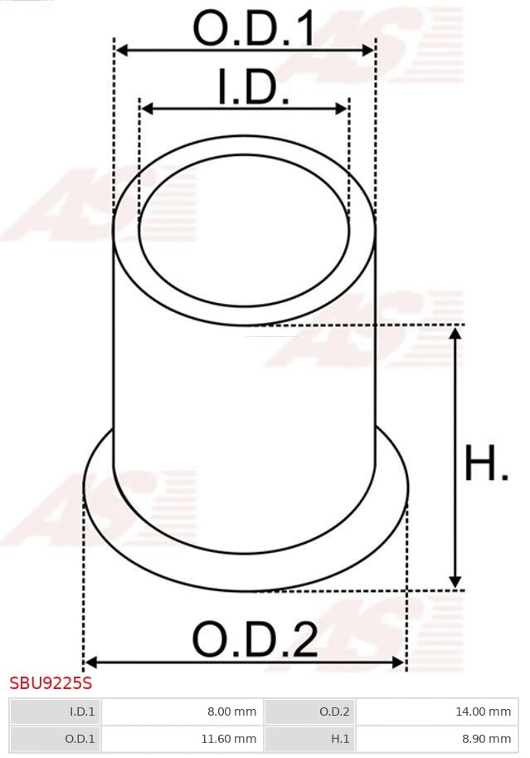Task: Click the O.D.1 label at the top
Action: point(254,28)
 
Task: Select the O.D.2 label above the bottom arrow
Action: point(255,639)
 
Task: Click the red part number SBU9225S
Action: point(51,683)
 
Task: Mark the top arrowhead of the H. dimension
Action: point(455,333)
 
